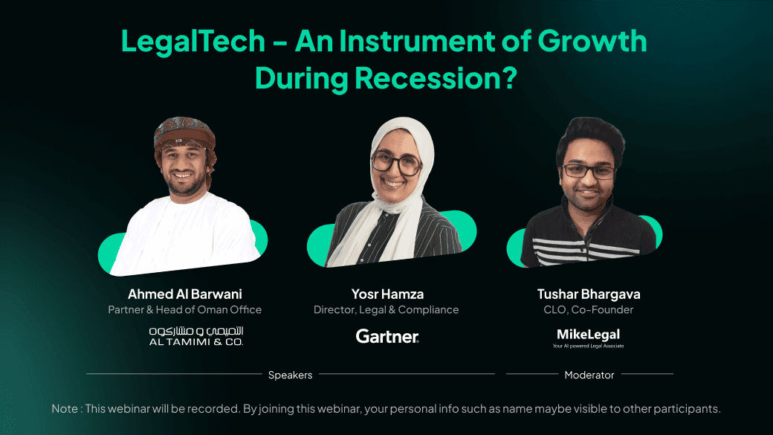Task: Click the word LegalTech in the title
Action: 193,42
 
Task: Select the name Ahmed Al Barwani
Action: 184,294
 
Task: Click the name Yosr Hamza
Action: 386,294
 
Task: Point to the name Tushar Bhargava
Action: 588,294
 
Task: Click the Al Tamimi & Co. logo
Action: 196,335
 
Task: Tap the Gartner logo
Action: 387,336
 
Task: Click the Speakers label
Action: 290,375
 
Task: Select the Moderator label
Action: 589,375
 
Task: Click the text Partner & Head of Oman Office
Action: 184,309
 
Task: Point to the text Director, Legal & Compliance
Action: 386,309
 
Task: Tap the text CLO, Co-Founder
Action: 588,309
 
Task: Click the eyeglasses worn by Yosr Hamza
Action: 396,162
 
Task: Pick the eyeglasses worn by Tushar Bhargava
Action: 589,170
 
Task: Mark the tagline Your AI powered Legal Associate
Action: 588,347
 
